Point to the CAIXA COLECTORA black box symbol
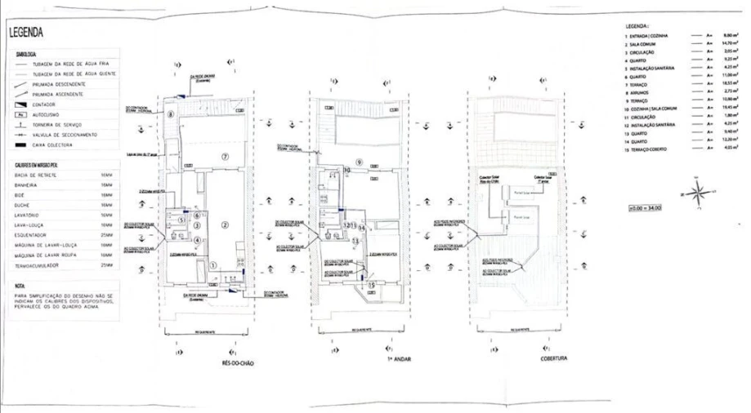point(20,144)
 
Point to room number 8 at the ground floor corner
point(171,115)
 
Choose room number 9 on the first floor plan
point(358,161)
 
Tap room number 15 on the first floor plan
point(372,285)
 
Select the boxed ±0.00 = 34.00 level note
point(646,208)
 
